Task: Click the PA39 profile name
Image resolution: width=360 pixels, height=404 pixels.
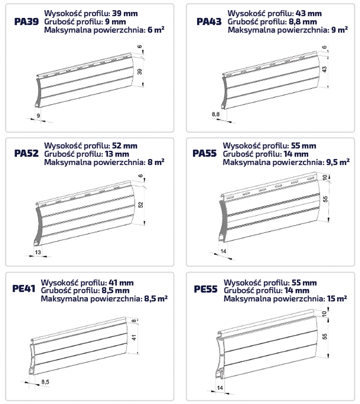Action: coord(26,22)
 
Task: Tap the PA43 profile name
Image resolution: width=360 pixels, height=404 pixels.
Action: coord(209,22)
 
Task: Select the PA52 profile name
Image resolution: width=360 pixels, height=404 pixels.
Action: coord(26,153)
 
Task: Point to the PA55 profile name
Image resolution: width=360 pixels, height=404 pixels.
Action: coord(205,153)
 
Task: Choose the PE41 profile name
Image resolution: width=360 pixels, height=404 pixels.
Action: coord(24,288)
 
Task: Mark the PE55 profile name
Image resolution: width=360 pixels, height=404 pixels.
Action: coord(205,289)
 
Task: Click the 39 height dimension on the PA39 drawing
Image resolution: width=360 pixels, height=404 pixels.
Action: coord(140,72)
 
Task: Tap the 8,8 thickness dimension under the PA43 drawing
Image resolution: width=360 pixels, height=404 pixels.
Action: coord(216,114)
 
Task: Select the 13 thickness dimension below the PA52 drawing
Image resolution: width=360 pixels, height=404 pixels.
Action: coord(38,252)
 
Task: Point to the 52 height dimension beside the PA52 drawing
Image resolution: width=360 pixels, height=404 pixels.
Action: coord(140,205)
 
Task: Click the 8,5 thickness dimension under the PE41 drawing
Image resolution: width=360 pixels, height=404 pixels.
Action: coord(45,382)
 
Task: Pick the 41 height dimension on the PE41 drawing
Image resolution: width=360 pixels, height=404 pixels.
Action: coord(134,337)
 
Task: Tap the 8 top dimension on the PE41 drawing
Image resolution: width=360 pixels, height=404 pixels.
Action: coord(133,321)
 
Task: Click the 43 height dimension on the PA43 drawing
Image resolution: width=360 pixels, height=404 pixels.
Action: coord(325,69)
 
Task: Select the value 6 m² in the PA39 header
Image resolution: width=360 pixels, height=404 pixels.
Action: coord(156,30)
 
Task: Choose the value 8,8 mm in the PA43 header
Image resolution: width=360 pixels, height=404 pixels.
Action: coord(303,22)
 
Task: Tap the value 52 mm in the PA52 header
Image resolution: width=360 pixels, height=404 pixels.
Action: coord(125,146)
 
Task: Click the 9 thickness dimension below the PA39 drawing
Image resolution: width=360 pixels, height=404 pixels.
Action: coord(38,116)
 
